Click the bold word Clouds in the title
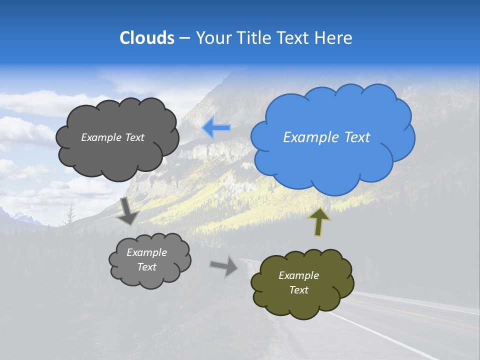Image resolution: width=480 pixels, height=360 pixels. coord(147,38)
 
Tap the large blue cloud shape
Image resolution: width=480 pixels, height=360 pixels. coord(332,155)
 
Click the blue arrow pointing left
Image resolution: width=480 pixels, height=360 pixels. coord(216,128)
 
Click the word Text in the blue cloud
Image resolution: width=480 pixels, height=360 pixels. coord(357,137)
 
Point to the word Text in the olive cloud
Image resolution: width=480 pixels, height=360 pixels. coord(298,290)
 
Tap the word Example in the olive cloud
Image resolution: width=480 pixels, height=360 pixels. coord(298,275)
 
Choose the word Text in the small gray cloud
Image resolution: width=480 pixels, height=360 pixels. coord(147,267)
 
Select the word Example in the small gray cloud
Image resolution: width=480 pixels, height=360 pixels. coord(147,252)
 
